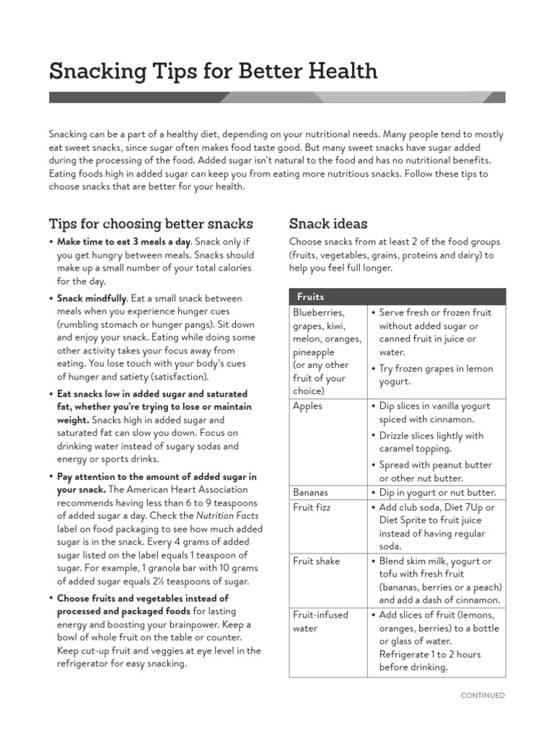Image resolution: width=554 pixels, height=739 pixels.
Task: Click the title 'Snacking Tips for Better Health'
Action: pyautogui.click(x=213, y=71)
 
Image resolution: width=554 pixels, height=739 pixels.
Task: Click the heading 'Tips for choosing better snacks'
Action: pyautogui.click(x=151, y=223)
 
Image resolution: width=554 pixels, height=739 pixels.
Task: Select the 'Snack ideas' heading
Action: pyautogui.click(x=328, y=223)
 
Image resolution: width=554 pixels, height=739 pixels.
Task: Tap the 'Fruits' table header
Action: pyautogui.click(x=311, y=297)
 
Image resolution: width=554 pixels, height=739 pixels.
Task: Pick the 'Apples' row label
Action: pyautogui.click(x=308, y=406)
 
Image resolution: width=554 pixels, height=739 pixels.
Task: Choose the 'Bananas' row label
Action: pyautogui.click(x=311, y=492)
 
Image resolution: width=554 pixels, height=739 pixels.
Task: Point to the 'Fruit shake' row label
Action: pyautogui.click(x=317, y=561)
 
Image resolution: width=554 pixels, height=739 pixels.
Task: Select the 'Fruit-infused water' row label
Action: pyautogui.click(x=320, y=621)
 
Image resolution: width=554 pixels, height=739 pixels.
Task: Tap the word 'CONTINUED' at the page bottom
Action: pyautogui.click(x=483, y=696)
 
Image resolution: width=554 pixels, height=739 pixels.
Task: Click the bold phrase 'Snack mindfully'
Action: pyautogui.click(x=92, y=298)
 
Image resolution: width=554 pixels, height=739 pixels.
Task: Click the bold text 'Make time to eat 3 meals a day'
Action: pyautogui.click(x=124, y=242)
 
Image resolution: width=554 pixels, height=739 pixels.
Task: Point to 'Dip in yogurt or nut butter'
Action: pyautogui.click(x=438, y=492)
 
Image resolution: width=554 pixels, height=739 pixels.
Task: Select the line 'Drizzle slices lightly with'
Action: pyautogui.click(x=431, y=436)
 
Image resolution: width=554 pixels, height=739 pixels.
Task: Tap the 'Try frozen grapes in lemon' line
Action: pyautogui.click(x=436, y=369)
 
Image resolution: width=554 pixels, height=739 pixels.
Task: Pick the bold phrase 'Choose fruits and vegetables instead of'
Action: pyautogui.click(x=143, y=598)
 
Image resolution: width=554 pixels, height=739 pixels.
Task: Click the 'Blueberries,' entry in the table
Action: pyautogui.click(x=319, y=312)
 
